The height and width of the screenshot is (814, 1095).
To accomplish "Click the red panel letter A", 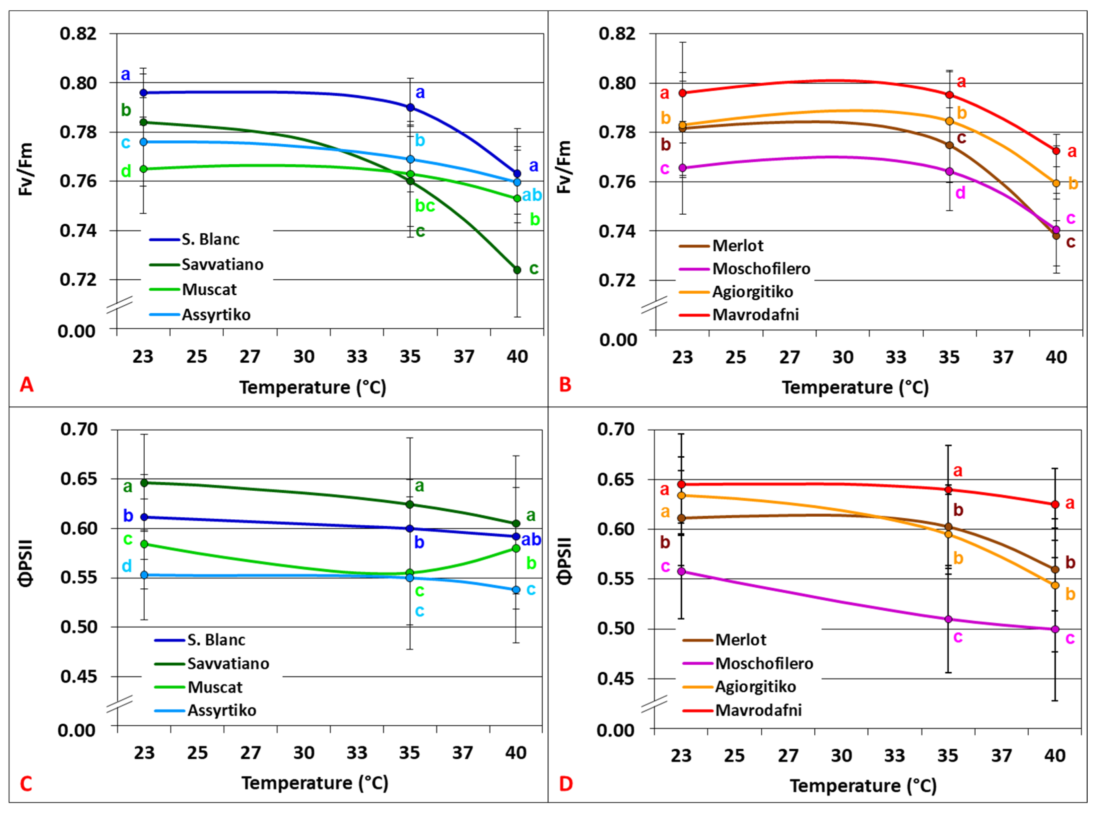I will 27,384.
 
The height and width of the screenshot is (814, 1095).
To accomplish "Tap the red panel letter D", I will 566,783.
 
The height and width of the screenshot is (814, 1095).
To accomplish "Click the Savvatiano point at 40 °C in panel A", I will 517,270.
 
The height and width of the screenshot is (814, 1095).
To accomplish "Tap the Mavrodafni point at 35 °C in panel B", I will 949,95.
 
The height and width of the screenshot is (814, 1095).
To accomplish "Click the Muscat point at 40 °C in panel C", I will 516,549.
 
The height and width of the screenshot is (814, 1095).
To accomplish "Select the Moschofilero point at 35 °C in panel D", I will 948,619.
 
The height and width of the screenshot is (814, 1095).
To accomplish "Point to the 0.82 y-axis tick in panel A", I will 78,34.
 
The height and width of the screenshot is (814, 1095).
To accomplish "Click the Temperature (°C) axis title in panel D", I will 863,785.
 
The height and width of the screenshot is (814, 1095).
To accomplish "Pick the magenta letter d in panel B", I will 960,193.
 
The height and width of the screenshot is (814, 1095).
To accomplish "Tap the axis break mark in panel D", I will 654,704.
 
